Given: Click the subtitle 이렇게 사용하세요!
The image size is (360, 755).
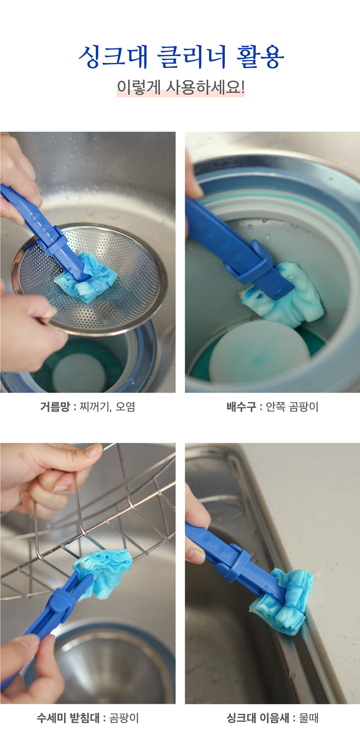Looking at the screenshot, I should [180, 88].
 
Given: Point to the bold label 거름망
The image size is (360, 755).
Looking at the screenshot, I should [55, 407].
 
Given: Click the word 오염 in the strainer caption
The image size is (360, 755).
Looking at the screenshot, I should [125, 407].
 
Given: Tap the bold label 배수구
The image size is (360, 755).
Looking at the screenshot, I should [241, 407].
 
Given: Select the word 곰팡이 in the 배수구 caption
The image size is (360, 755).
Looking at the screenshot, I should [304, 407].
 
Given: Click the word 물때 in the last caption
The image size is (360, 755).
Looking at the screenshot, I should [309, 718].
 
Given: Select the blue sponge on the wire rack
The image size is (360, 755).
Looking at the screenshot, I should [105, 569].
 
